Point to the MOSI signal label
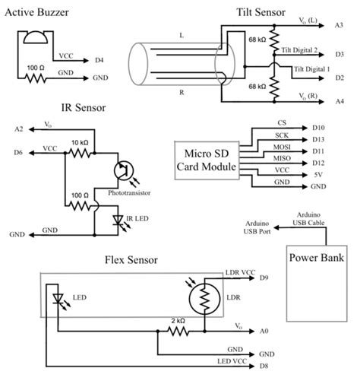(282, 148)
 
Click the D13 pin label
(319, 139)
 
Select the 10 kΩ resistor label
(80, 141)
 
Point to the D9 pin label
(264, 278)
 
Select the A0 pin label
(264, 332)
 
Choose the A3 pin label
(339, 26)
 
